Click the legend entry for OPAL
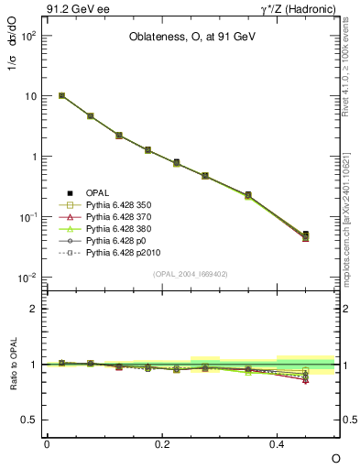[x=99, y=191]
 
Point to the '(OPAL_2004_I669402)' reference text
[x=191, y=272]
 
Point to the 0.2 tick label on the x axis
[x=162, y=443]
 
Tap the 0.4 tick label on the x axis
[x=278, y=443]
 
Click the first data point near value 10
[x=61, y=95]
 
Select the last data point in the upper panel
[x=306, y=235]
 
